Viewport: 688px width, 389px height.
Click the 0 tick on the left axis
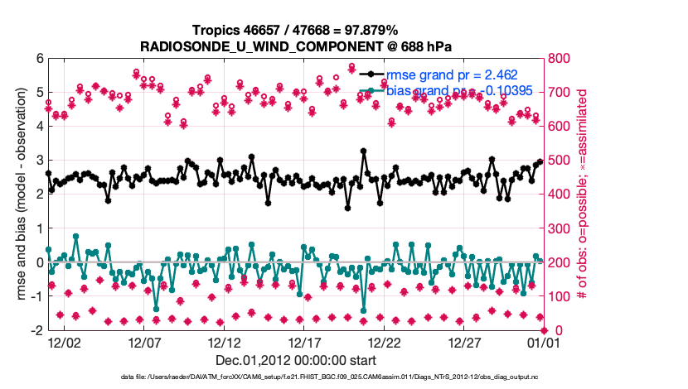point(39,262)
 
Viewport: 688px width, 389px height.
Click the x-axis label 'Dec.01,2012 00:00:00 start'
point(295,360)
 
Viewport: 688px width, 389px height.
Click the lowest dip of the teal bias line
point(156,310)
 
